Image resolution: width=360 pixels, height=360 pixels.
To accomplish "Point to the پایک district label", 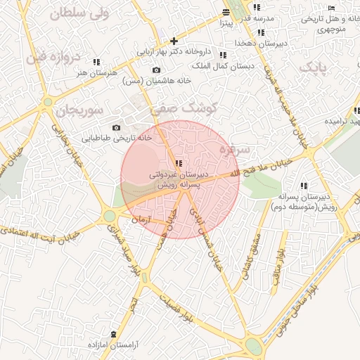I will click(313, 67).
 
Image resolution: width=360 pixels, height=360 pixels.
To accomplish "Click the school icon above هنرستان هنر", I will click(96, 62).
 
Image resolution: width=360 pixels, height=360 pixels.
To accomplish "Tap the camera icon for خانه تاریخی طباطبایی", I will click(116, 127).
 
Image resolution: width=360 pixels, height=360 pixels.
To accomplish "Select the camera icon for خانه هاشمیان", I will click(156, 70).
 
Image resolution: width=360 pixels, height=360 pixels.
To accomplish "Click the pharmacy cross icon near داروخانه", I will click(174, 41).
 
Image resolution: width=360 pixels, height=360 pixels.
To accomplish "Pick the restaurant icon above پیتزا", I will click(226, 13).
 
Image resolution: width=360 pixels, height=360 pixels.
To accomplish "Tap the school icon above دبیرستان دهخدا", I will click(261, 32).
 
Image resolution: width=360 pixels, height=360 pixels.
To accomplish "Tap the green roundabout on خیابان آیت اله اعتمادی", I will click(110, 216).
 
